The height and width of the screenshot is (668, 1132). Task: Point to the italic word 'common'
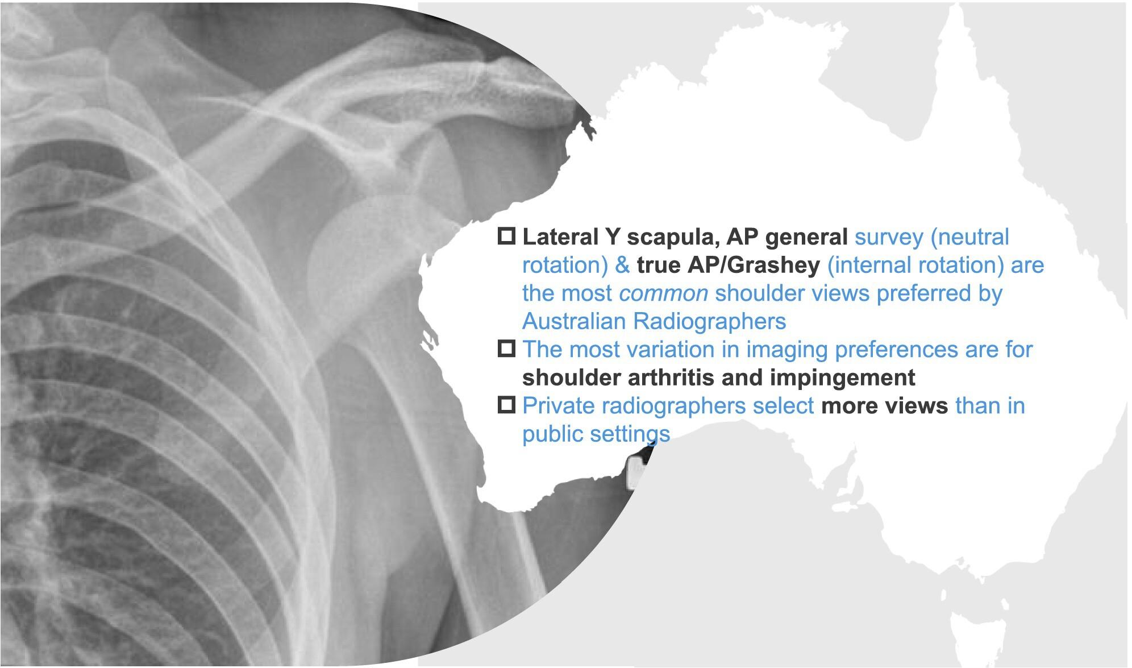click(663, 294)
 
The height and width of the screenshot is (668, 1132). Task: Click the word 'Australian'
click(573, 321)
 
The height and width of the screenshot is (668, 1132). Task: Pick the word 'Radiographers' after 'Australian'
click(709, 322)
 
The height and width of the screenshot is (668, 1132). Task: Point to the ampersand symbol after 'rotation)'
click(622, 265)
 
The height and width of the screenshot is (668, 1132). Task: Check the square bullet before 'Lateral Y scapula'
click(506, 236)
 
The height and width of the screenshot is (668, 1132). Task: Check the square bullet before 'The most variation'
click(506, 348)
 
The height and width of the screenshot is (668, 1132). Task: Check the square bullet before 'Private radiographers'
click(506, 404)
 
